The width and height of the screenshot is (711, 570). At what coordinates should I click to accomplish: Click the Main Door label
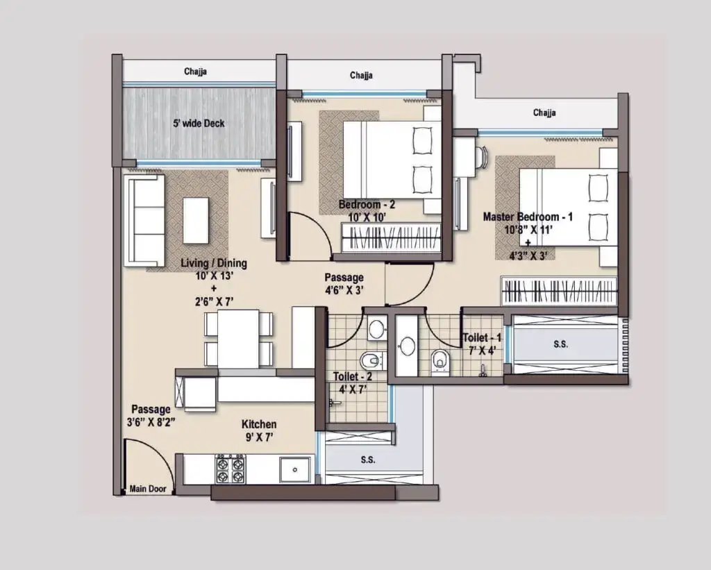click(x=148, y=489)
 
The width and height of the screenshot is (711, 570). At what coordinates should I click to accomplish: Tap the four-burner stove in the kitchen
click(x=230, y=469)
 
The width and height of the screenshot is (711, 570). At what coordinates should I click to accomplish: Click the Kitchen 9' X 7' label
click(x=258, y=430)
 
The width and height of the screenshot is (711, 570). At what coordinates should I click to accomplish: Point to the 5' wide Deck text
click(x=199, y=124)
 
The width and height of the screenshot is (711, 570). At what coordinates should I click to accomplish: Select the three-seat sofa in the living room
click(x=144, y=220)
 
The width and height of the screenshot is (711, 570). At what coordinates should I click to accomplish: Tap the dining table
click(x=238, y=338)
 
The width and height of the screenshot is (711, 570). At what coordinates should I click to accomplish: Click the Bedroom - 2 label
click(x=367, y=205)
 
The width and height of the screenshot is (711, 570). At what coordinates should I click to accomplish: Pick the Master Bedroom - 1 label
click(x=528, y=217)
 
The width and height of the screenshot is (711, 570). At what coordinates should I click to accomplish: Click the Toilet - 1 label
click(x=481, y=338)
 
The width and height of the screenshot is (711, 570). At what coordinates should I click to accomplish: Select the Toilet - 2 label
click(x=353, y=376)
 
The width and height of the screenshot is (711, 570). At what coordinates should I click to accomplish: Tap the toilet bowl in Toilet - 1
click(x=440, y=360)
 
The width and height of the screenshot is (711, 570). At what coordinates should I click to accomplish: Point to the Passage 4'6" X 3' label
click(x=344, y=284)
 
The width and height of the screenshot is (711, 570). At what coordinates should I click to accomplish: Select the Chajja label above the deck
click(x=195, y=71)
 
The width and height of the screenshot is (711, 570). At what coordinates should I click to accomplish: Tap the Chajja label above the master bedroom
click(x=544, y=112)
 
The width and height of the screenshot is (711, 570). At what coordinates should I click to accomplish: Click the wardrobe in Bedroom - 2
click(x=391, y=239)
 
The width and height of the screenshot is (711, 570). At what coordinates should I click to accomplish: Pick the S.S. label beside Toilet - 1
click(x=560, y=344)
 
